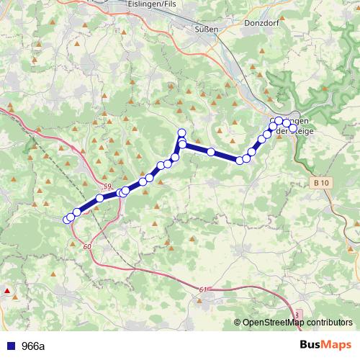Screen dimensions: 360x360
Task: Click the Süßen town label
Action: click(x=206, y=29)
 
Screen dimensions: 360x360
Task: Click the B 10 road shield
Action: click(x=321, y=184)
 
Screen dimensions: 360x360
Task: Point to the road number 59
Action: click(x=107, y=187)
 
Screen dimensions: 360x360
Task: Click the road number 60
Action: click(x=87, y=247)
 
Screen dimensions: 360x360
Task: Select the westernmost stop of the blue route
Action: click(x=67, y=219)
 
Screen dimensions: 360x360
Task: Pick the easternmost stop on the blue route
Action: click(x=287, y=123)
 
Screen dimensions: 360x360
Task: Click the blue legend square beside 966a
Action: click(x=10, y=346)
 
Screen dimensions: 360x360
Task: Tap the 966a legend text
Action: click(x=33, y=346)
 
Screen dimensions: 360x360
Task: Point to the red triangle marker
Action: click(x=7, y=291)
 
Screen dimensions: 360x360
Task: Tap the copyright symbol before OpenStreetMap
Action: click(x=238, y=323)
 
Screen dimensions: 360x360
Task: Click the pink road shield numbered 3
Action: click(x=297, y=315)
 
